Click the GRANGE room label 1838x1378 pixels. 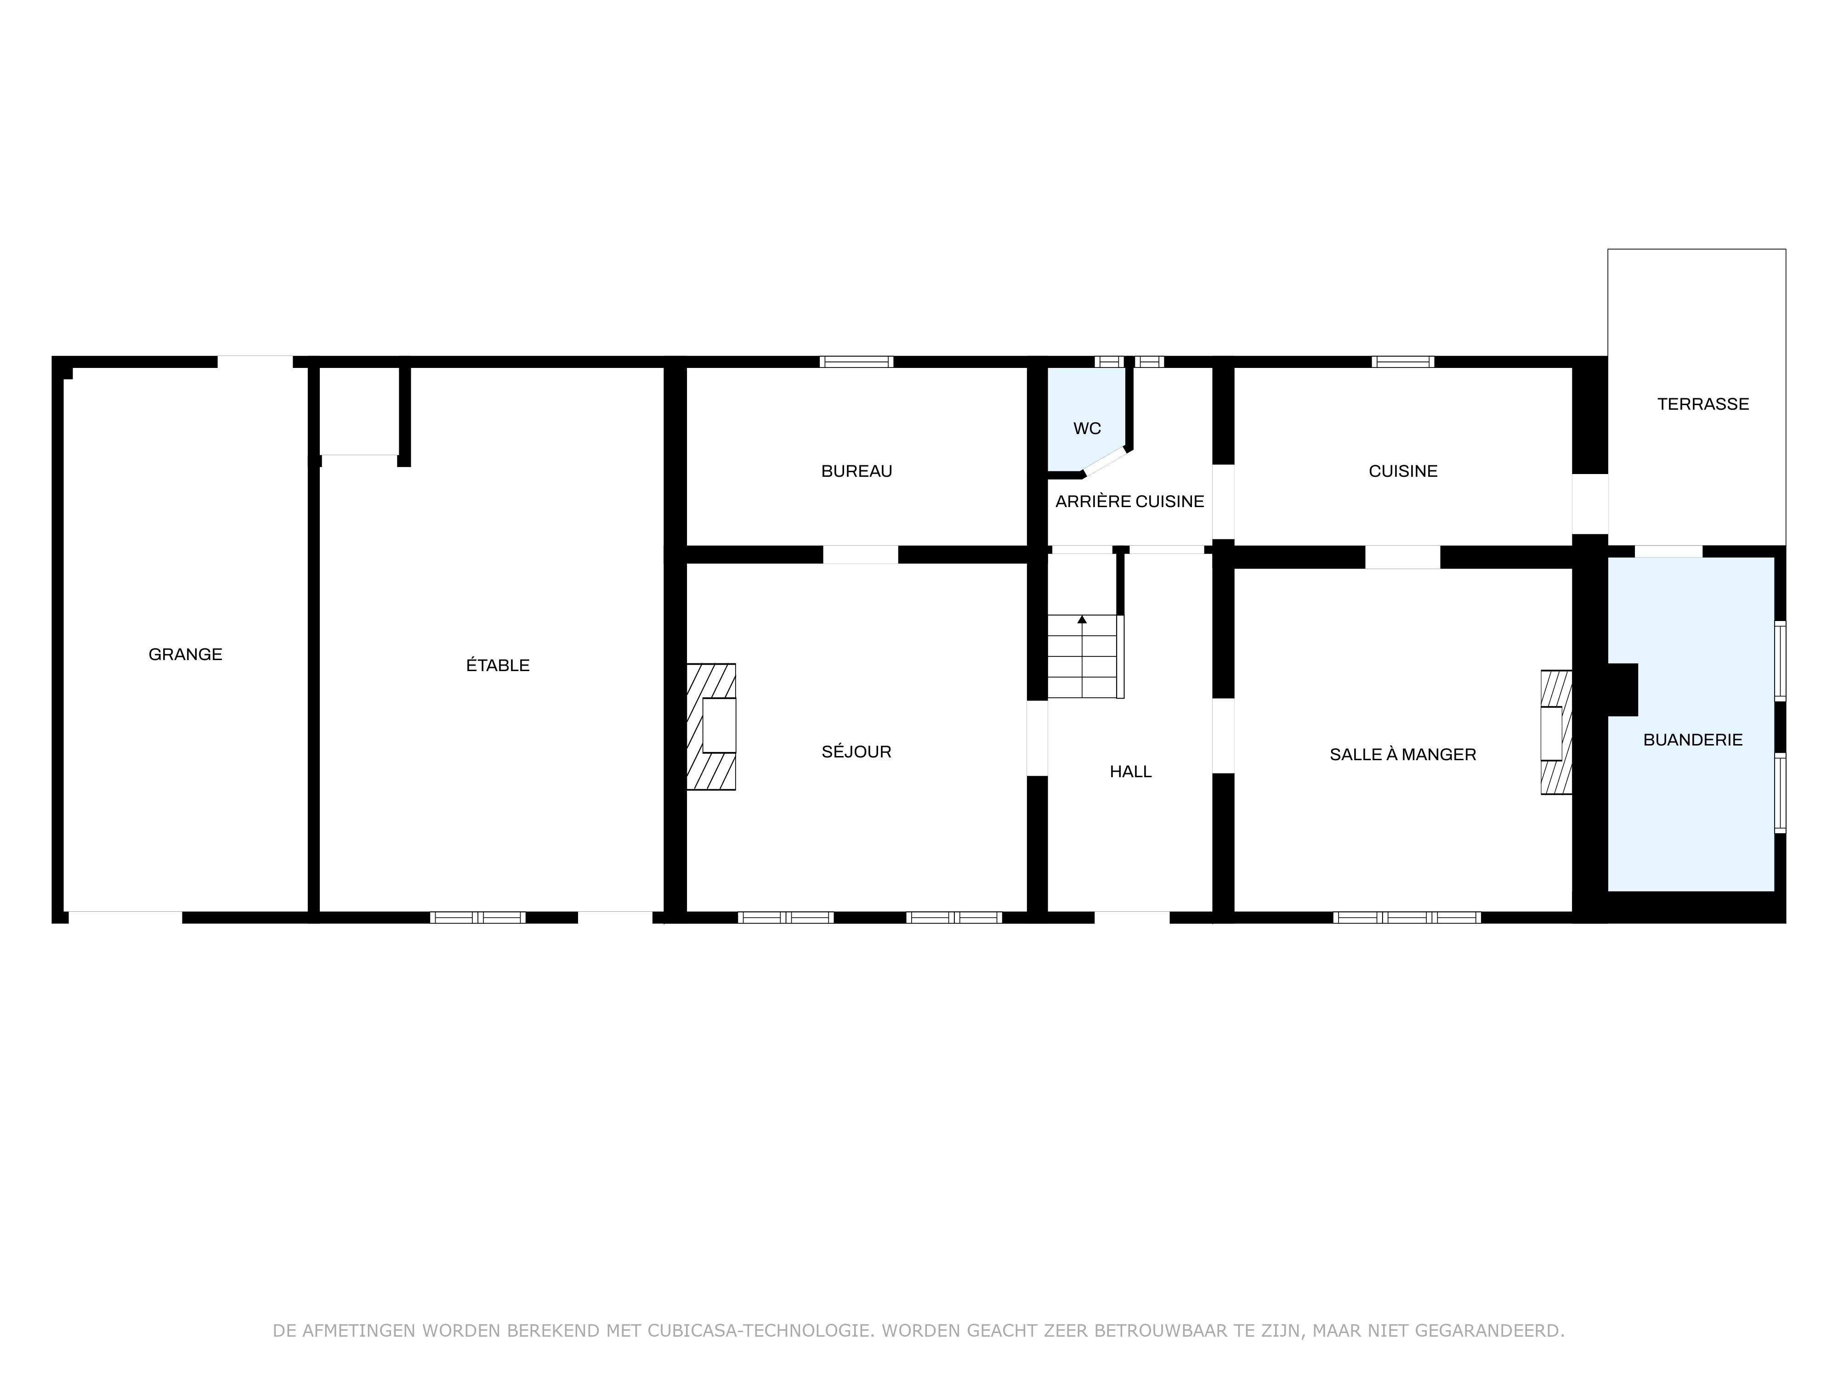point(185,655)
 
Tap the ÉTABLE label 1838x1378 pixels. point(498,665)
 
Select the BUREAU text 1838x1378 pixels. point(857,471)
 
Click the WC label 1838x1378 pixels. point(1087,429)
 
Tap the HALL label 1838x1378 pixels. point(1131,772)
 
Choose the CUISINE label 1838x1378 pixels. point(1403,471)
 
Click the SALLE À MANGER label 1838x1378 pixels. point(1403,754)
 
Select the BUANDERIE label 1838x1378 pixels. point(1693,740)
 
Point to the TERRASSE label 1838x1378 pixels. point(1703,405)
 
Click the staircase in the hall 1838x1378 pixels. point(1085,656)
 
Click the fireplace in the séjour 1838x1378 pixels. point(711,727)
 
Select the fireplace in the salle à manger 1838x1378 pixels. point(1556,733)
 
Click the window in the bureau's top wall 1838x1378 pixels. point(857,361)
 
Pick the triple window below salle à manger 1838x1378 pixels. point(1407,917)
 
